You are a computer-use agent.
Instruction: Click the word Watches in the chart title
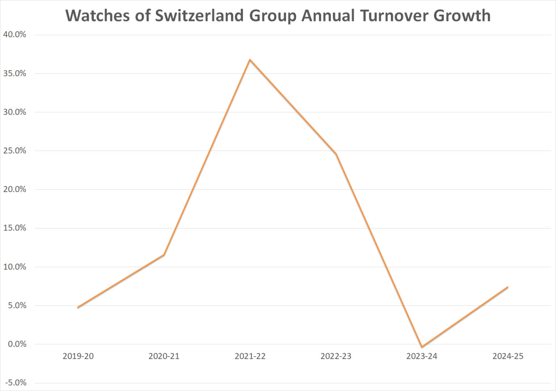(x=97, y=16)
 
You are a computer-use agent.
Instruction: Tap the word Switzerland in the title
(x=199, y=16)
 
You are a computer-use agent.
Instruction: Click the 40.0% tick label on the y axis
(x=15, y=34)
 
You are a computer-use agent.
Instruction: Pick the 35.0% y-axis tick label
(x=15, y=73)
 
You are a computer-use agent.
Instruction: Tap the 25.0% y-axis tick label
(x=15, y=150)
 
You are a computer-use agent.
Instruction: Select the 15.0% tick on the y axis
(x=15, y=228)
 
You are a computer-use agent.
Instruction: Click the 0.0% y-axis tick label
(x=17, y=344)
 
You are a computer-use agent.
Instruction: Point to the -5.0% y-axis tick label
(x=16, y=383)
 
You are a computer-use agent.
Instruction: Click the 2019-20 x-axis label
(x=78, y=356)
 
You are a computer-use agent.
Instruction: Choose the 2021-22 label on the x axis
(x=250, y=356)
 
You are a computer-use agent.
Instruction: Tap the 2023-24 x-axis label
(x=422, y=356)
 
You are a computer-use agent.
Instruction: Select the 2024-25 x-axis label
(x=508, y=356)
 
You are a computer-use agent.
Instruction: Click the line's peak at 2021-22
(x=250, y=59)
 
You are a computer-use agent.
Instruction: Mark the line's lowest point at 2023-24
(x=422, y=347)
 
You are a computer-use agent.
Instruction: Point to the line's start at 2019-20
(x=78, y=307)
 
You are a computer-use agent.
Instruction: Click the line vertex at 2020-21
(x=164, y=255)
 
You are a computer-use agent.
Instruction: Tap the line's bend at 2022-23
(x=336, y=154)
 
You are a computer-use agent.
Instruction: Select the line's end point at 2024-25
(x=507, y=287)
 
